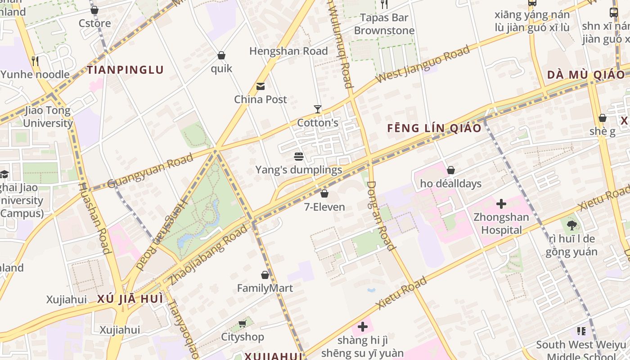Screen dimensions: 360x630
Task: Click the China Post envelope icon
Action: tap(261, 86)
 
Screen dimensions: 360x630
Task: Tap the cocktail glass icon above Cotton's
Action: tap(318, 109)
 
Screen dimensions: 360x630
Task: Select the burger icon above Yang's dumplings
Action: tap(299, 157)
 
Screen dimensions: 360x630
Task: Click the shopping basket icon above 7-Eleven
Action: tap(324, 194)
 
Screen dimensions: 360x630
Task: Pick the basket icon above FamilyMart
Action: tap(265, 275)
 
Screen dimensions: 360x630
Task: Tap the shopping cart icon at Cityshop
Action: tap(243, 324)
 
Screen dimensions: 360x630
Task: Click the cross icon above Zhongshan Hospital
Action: tap(501, 204)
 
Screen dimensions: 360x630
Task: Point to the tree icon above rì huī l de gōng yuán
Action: tap(571, 225)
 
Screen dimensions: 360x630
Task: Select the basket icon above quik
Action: tap(221, 55)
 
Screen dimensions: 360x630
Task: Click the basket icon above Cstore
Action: tap(94, 10)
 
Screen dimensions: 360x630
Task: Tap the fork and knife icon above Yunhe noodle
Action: tap(35, 61)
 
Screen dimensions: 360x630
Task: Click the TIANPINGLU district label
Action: tap(125, 70)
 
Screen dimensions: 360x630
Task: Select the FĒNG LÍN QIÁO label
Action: tap(434, 128)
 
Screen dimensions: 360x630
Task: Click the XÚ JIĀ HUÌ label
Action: tap(130, 299)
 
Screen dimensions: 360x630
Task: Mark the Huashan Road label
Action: tap(94, 219)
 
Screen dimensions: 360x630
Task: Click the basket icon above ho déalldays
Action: tap(451, 170)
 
